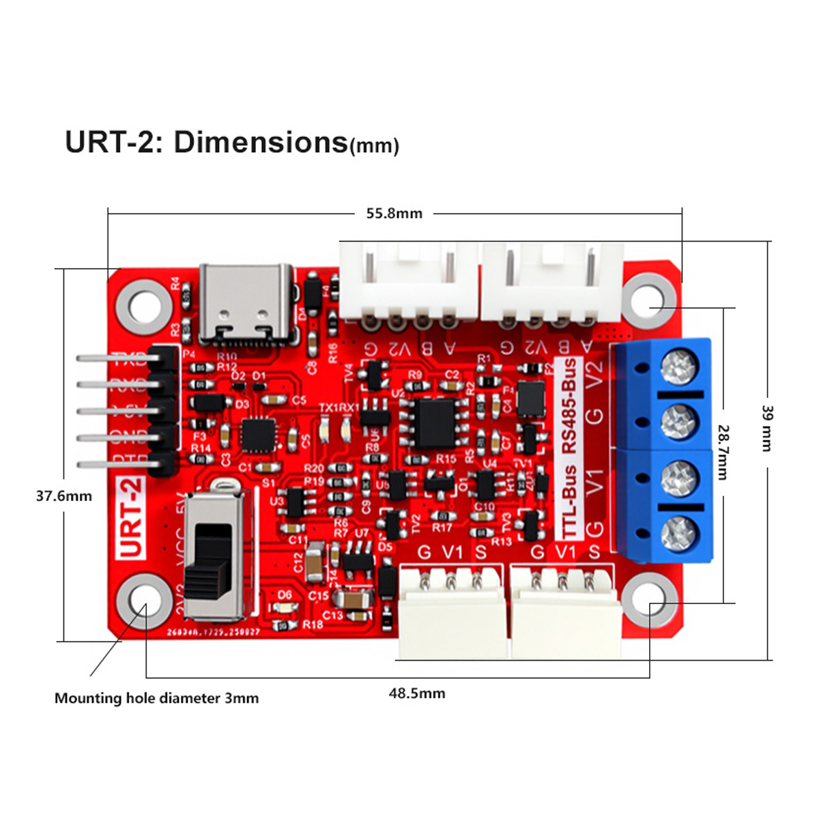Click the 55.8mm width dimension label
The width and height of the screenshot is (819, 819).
click(x=394, y=214)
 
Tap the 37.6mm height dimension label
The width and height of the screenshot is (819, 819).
click(x=63, y=496)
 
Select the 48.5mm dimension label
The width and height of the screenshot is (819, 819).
click(x=416, y=693)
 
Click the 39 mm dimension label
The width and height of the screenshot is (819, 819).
click(x=767, y=428)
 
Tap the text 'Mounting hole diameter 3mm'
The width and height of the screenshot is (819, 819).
click(x=156, y=698)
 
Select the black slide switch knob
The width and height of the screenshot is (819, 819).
click(x=212, y=556)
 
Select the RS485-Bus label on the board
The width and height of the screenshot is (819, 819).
click(x=569, y=405)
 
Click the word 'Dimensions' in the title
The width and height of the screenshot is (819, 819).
click(x=261, y=142)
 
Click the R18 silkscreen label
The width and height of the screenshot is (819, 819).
click(x=313, y=624)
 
